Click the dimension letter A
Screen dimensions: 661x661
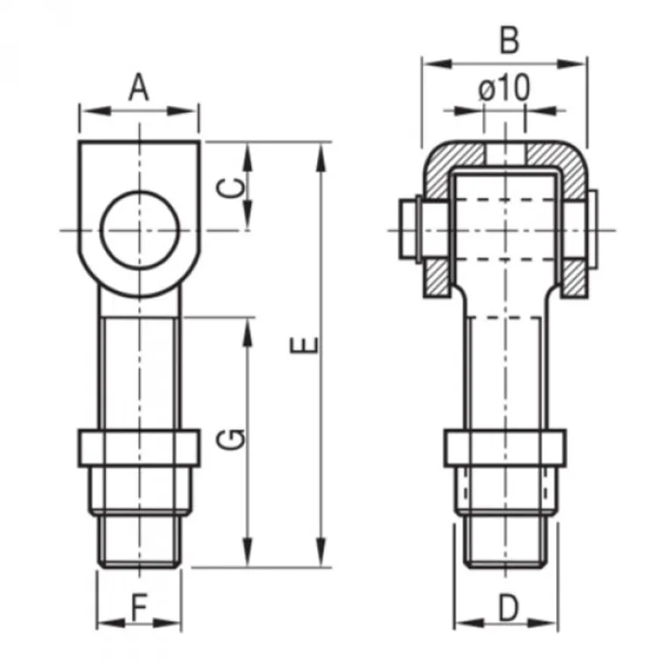138,87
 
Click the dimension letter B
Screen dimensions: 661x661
509,41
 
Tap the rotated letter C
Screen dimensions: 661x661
231,188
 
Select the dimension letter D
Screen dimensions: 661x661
509,608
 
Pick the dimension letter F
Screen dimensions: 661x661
139,608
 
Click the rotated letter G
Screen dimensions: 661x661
231,438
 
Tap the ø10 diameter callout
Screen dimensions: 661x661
505,87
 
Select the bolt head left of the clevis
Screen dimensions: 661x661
408,230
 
